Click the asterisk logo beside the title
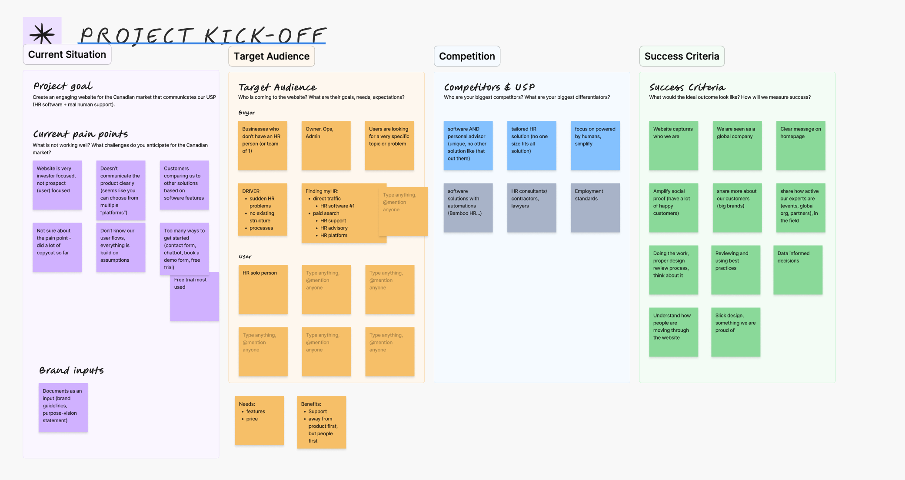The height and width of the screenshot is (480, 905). coord(42,33)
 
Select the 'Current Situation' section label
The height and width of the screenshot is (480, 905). coord(67,55)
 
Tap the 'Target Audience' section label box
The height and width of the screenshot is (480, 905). coord(271,57)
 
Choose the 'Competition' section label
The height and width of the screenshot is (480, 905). coord(467,57)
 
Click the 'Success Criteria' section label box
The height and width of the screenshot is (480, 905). coord(682,57)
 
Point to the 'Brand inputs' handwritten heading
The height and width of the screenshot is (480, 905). coord(71,370)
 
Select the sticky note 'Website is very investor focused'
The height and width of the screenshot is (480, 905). coord(57,185)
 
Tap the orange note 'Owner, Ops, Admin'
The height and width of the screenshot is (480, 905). coord(326,146)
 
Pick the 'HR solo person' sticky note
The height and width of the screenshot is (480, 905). coord(263,290)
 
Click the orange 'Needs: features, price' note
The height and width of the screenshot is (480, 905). coord(259,420)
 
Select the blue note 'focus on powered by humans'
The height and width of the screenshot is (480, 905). coord(595,146)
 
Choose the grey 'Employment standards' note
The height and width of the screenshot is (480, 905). coord(595,208)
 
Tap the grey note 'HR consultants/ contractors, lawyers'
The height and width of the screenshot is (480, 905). coord(532,208)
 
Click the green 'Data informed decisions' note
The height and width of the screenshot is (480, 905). coord(798,270)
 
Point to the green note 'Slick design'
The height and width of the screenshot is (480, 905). coord(735,332)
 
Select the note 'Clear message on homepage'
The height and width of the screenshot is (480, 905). coord(801,146)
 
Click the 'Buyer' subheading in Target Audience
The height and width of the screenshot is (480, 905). coord(247,113)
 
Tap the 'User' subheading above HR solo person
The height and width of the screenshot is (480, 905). coord(245,257)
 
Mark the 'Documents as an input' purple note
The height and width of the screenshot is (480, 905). coord(63,408)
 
